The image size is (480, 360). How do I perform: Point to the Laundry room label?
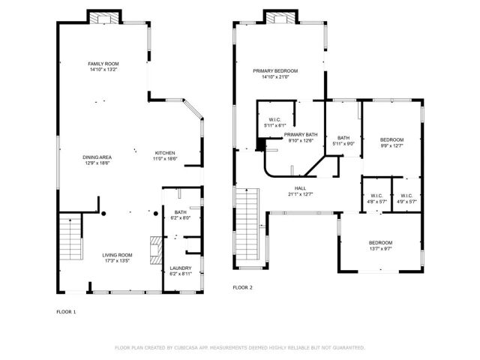180,268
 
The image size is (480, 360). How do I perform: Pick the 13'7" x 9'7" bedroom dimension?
380,247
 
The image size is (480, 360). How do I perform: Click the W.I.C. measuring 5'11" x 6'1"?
274,122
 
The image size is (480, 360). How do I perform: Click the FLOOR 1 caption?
66,311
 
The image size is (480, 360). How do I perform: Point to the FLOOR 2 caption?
242,287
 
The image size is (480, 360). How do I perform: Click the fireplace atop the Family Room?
103,17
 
